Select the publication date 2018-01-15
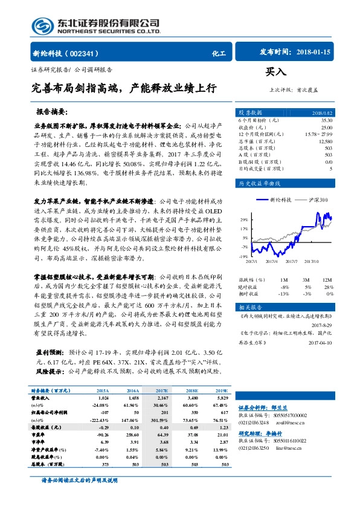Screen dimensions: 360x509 315,53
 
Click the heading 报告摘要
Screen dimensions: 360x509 51,112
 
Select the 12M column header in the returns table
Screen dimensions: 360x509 327,280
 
